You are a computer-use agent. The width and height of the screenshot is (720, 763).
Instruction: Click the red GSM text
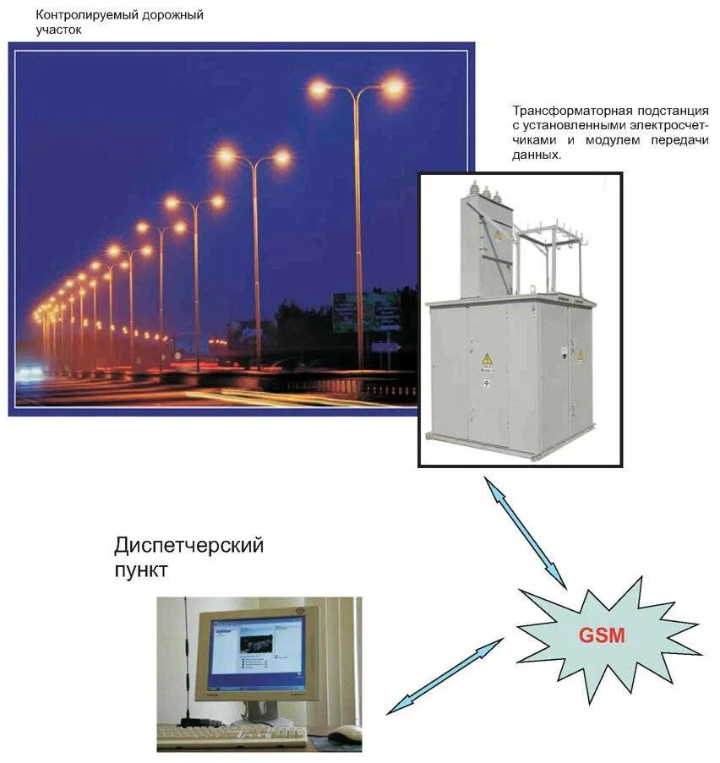[x=602, y=635]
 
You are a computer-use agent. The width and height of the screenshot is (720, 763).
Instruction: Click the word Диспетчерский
[x=188, y=546]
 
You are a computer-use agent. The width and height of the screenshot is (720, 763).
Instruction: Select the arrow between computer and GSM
[x=445, y=676]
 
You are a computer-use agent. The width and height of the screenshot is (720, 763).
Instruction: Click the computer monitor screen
[x=257, y=645]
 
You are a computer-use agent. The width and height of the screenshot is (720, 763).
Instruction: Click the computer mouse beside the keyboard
[x=345, y=733]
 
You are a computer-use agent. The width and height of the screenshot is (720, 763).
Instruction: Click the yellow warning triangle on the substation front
[x=487, y=359]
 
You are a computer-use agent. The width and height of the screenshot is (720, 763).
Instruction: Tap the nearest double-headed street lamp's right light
[x=393, y=87]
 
